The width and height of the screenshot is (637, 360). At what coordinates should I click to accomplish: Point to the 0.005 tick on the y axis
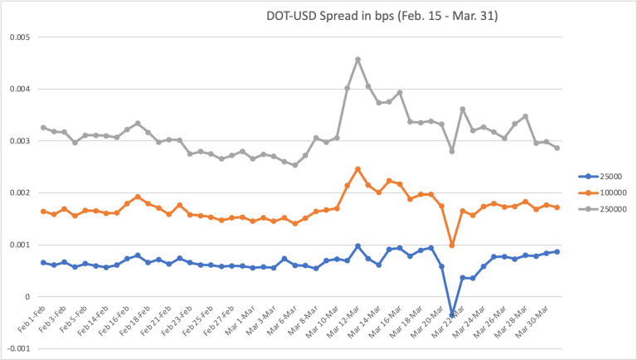[x=19, y=37]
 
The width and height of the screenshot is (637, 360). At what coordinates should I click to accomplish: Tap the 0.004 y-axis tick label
[x=19, y=89]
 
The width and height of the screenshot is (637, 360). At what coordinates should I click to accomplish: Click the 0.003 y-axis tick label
[x=19, y=141]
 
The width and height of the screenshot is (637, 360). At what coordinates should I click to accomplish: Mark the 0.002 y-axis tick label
[x=19, y=192]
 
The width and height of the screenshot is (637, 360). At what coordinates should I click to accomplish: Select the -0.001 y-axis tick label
[x=17, y=348]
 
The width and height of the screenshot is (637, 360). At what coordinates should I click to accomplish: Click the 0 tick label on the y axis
[x=27, y=297]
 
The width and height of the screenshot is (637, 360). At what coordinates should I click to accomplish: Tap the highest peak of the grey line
[x=357, y=60]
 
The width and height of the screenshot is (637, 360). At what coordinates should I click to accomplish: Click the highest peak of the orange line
[x=357, y=169]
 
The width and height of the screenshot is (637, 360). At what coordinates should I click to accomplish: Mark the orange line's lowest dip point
[x=452, y=245]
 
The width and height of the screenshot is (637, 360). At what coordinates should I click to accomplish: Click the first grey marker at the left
[x=43, y=128]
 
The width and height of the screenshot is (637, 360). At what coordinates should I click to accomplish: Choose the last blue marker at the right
[x=557, y=251]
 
